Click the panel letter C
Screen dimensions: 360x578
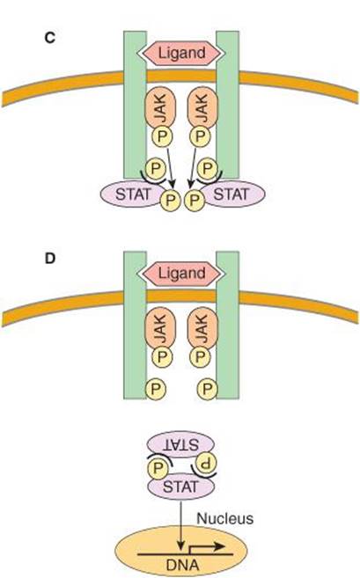[x=50, y=38]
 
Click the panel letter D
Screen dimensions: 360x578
[x=50, y=259]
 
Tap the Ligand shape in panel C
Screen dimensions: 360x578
[x=181, y=53]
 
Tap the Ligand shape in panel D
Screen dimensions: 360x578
[x=181, y=274]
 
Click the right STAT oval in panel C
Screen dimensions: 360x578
[x=232, y=194]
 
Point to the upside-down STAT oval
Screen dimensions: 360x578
[x=180, y=444]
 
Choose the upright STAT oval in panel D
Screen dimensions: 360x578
[x=180, y=487]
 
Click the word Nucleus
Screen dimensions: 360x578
[x=225, y=519]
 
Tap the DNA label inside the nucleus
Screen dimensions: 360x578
[x=182, y=565]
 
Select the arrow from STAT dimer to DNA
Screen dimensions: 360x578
[x=180, y=525]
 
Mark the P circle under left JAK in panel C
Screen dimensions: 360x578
[x=162, y=136]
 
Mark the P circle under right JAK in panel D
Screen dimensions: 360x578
[x=200, y=356]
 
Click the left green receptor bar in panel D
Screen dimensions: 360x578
[x=135, y=326]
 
